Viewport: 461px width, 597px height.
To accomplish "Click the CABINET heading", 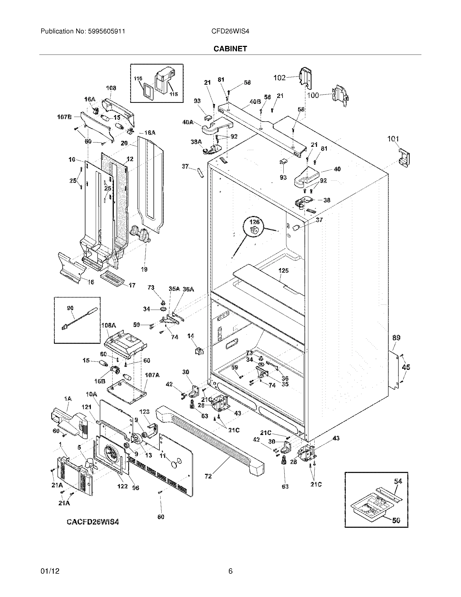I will pyautogui.click(x=230, y=49).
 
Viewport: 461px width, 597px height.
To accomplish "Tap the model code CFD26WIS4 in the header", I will pyautogui.click(x=230, y=31).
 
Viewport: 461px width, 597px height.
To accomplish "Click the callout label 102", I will pyautogui.click(x=279, y=78).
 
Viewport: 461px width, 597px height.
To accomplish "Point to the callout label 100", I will pyautogui.click(x=313, y=96).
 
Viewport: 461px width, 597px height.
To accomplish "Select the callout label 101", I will pyautogui.click(x=393, y=139).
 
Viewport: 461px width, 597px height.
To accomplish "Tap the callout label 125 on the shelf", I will pyautogui.click(x=283, y=271).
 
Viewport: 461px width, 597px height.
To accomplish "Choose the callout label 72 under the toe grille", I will pyautogui.click(x=208, y=477).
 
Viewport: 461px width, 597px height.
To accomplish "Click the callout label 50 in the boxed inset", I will pyautogui.click(x=396, y=520).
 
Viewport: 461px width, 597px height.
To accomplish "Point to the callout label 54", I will pyautogui.click(x=398, y=481).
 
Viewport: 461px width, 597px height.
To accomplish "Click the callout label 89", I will pyautogui.click(x=396, y=338).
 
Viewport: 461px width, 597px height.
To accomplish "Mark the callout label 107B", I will pyautogui.click(x=64, y=117).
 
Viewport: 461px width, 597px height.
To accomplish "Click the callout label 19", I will pyautogui.click(x=144, y=269).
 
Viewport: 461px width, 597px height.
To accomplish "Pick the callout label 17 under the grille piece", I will pyautogui.click(x=132, y=285).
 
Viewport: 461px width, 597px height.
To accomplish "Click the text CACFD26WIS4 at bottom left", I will pyautogui.click(x=93, y=522).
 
